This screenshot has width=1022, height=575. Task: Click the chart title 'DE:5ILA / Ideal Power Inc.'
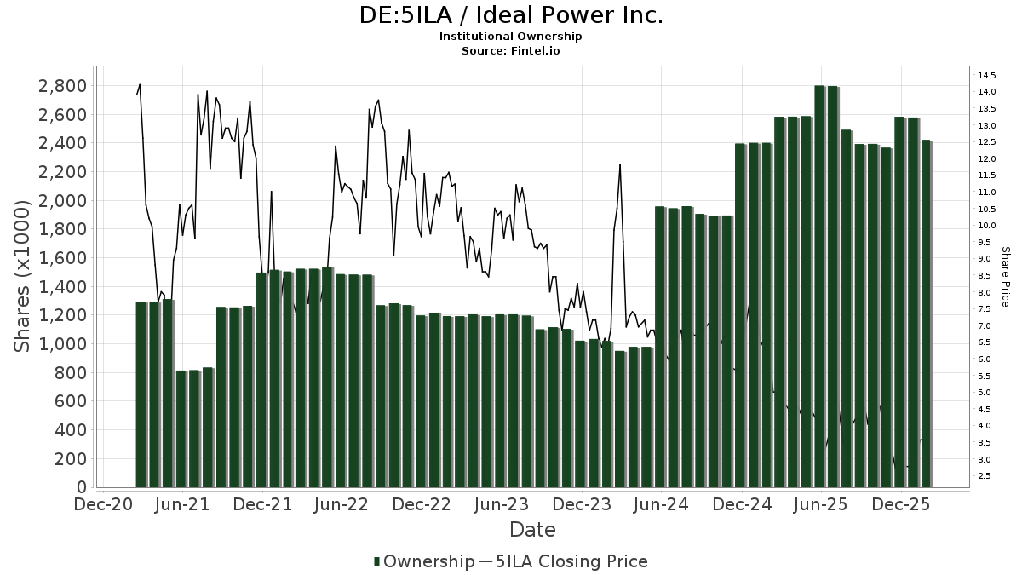[510, 15]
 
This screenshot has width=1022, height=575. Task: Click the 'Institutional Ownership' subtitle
[510, 37]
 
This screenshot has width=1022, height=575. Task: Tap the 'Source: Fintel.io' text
[510, 50]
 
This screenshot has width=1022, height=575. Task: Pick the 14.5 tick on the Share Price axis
[988, 75]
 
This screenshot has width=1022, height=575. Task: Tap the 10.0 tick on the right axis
[988, 226]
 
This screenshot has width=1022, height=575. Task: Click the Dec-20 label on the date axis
[103, 504]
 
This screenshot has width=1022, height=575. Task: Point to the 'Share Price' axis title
[1006, 276]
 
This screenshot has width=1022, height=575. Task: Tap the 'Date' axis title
[532, 530]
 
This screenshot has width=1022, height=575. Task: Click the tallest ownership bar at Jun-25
[820, 286]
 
